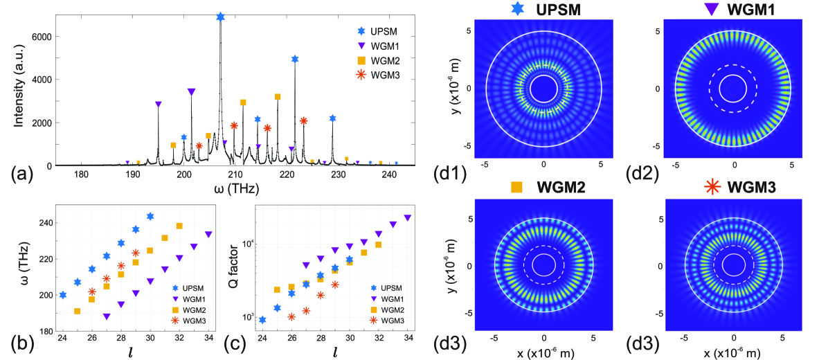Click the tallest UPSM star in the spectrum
coord(220,17)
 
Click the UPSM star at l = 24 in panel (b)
coord(63,295)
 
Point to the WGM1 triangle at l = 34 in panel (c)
coord(408,218)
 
